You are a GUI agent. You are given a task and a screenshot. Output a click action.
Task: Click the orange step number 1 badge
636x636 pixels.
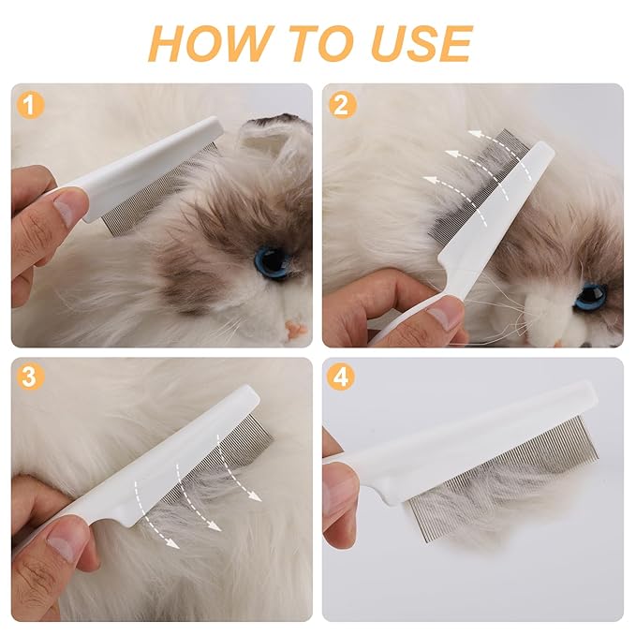pos(32,105)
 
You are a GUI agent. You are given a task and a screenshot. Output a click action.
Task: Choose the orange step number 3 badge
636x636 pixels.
pos(32,378)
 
